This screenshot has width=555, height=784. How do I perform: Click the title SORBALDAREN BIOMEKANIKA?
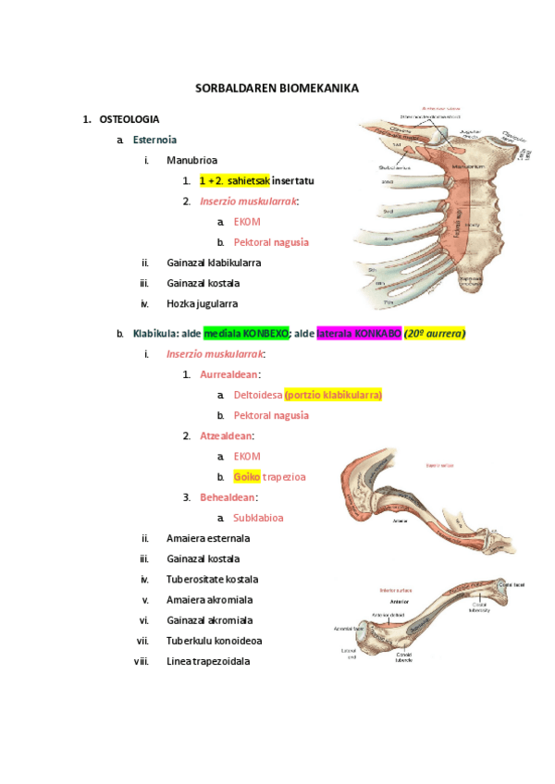click(x=277, y=88)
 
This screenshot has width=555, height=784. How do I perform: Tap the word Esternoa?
click(x=154, y=140)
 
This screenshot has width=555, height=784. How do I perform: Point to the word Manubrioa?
click(x=191, y=160)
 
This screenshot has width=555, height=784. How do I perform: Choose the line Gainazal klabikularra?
click(x=214, y=263)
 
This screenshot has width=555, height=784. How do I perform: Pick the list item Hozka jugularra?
click(x=203, y=303)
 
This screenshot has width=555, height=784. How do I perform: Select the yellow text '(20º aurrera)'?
click(x=435, y=333)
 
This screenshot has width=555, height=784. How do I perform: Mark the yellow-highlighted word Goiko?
click(x=246, y=477)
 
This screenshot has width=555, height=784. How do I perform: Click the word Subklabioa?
click(x=258, y=518)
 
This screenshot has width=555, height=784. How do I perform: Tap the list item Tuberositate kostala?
click(x=212, y=579)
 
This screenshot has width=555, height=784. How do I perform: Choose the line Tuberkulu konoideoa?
click(x=212, y=641)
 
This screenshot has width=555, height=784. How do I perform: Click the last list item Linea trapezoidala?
click(x=208, y=661)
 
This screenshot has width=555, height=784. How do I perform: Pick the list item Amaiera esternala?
click(x=208, y=538)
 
